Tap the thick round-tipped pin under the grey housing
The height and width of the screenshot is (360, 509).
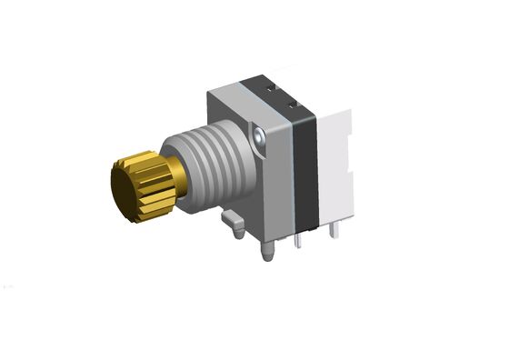tap(270, 251)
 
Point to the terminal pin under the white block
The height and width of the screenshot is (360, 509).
tap(331, 234)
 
